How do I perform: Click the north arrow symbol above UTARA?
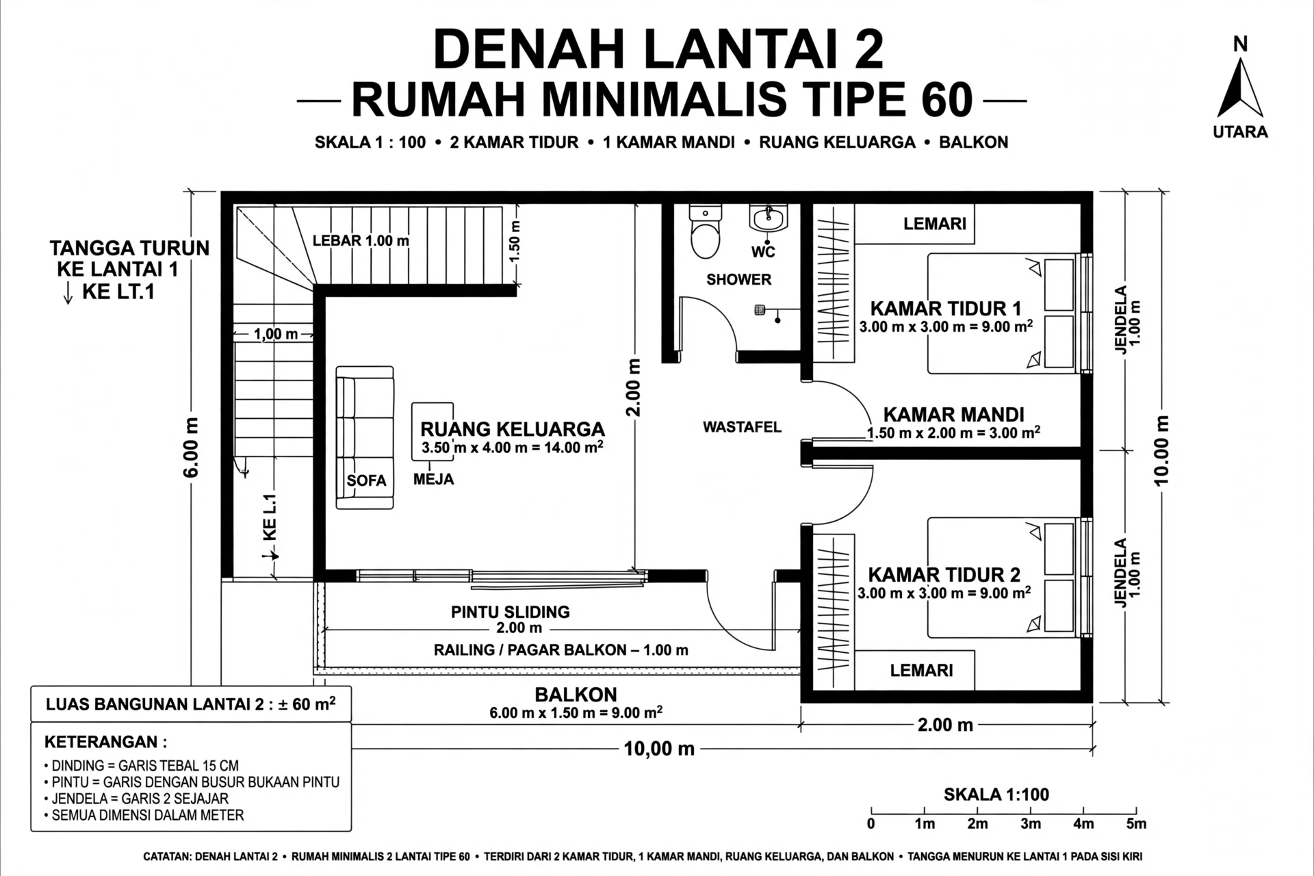(x=1239, y=89)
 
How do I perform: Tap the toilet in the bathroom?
(x=705, y=231)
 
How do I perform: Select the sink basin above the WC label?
(x=769, y=220)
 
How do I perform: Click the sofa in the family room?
(x=365, y=438)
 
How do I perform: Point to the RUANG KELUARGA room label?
(x=513, y=429)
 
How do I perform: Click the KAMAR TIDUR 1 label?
(x=945, y=309)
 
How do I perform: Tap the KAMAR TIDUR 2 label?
(x=944, y=574)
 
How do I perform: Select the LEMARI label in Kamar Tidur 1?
(x=935, y=224)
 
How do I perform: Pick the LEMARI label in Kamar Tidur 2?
(x=921, y=670)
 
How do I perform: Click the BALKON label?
(x=576, y=695)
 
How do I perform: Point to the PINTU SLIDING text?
(x=511, y=612)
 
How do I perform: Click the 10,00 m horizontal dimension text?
(x=659, y=749)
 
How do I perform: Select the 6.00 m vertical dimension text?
(x=192, y=447)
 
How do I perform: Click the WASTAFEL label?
(x=742, y=427)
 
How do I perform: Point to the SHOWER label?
(x=738, y=279)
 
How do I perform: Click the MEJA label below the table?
(x=433, y=479)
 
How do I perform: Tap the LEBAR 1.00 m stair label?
(x=361, y=240)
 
